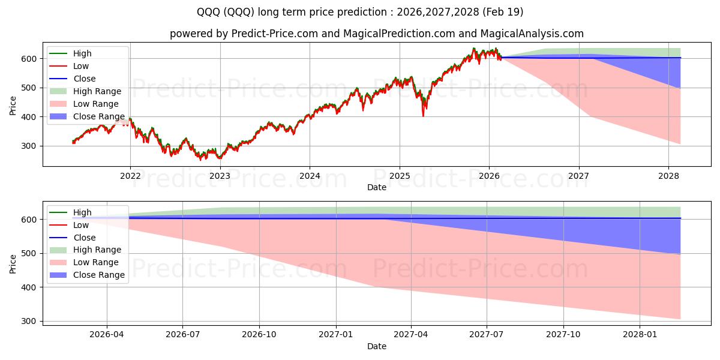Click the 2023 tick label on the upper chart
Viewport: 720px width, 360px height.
pyautogui.click(x=220, y=175)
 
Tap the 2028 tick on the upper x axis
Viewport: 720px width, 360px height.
pyautogui.click(x=668, y=175)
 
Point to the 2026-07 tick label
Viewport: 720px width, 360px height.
pyautogui.click(x=183, y=334)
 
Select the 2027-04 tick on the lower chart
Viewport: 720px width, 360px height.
pyautogui.click(x=411, y=334)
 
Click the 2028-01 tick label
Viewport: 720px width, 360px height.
pyautogui.click(x=640, y=334)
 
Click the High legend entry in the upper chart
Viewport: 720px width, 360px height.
pyautogui.click(x=82, y=53)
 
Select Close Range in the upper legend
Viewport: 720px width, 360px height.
pyautogui.click(x=99, y=116)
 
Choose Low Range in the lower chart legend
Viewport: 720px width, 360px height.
pyautogui.click(x=96, y=262)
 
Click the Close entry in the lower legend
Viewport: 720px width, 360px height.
pyautogui.click(x=84, y=238)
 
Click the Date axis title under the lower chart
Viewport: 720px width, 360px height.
pyautogui.click(x=377, y=346)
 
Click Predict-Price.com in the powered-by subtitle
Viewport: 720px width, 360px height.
pyautogui.click(x=262, y=34)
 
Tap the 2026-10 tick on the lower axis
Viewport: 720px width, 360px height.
pyautogui.click(x=259, y=334)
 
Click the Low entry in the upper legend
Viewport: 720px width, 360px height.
pyautogui.click(x=82, y=66)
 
